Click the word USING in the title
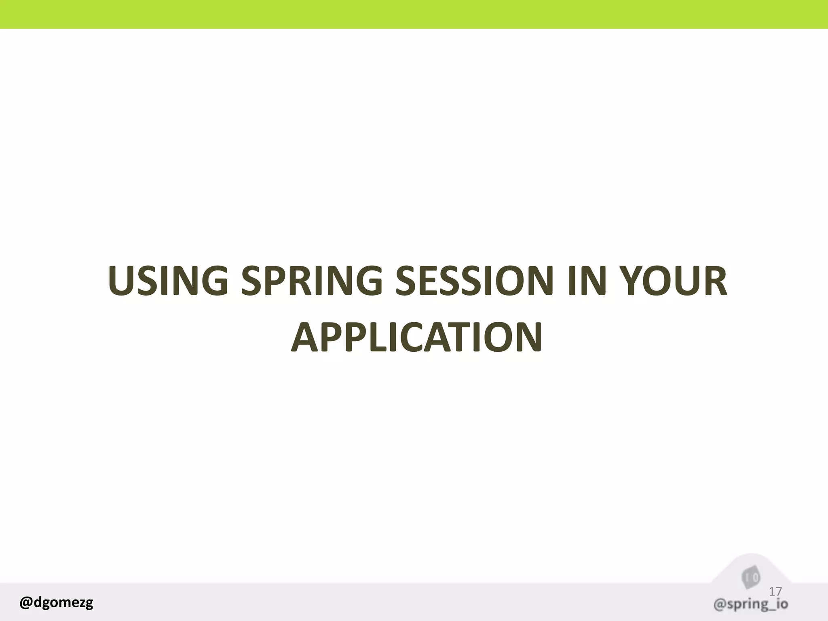168,280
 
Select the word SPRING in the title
312,280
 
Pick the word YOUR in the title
673,280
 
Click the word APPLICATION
416,337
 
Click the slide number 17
775,591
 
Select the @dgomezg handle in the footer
56,602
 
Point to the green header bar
414,14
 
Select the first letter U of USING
123,280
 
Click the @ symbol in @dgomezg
26,602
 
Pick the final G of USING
213,280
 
